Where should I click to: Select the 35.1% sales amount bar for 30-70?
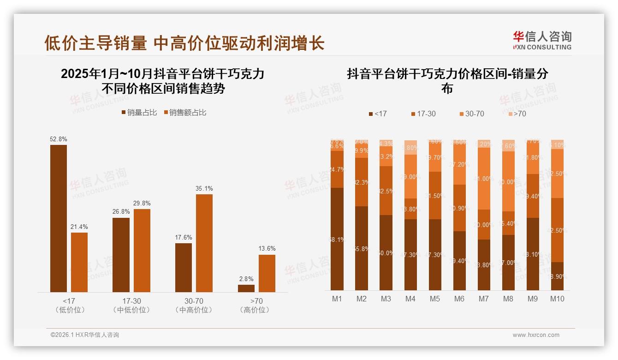pos(204,243)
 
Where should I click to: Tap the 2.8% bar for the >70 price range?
pos(246,288)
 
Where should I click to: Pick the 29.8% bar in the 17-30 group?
pos(142,250)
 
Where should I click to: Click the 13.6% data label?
pos(267,249)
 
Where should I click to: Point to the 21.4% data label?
pos(79,227)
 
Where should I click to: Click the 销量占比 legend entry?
pos(139,113)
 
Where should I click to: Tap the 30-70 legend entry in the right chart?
pos(471,114)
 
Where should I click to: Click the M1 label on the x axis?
pos(337,299)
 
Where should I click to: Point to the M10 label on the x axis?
pos(557,299)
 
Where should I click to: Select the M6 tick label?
pos(459,299)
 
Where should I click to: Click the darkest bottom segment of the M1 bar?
pos(337,239)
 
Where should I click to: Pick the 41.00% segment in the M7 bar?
pos(484,179)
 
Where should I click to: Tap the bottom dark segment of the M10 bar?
pos(557,276)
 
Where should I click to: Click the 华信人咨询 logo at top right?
pos(542,40)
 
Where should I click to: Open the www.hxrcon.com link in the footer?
pos(536,335)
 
